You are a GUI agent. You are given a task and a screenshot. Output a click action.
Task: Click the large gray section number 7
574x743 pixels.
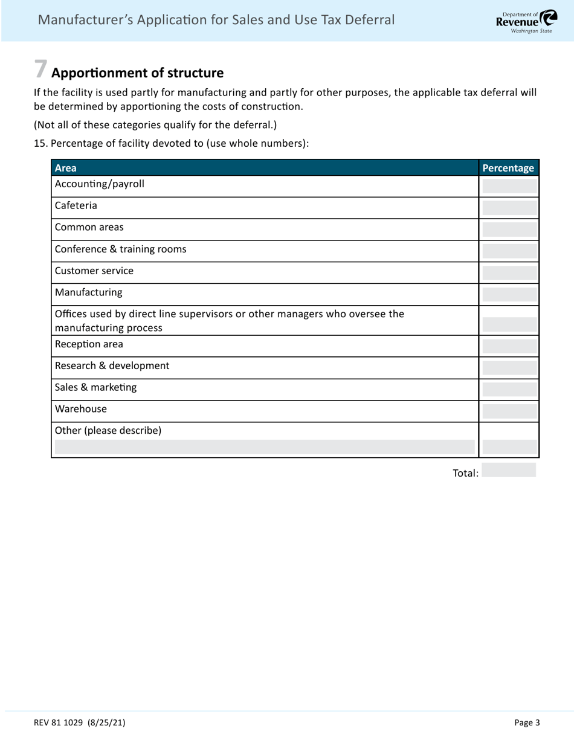click(40, 69)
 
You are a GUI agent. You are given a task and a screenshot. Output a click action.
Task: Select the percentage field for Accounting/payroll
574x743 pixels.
click(509, 185)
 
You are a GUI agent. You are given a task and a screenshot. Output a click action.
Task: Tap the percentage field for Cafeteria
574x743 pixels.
click(509, 208)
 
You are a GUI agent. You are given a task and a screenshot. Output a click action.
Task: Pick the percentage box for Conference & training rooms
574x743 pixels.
click(509, 251)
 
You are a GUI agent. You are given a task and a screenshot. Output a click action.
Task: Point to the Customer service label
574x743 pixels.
click(94, 271)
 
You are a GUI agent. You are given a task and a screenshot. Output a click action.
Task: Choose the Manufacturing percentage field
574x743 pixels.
click(509, 294)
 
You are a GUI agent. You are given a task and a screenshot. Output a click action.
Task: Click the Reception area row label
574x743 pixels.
click(89, 344)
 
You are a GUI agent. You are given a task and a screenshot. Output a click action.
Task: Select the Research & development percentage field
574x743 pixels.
click(509, 368)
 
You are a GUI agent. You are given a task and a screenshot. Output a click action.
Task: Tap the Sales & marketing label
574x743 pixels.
click(95, 388)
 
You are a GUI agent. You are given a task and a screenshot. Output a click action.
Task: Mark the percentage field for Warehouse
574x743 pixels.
click(509, 411)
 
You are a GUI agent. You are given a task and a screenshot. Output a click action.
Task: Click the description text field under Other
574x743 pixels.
click(265, 447)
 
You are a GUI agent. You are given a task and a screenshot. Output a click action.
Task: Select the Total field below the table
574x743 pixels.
click(509, 471)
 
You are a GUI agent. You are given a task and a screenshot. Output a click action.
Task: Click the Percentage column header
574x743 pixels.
click(508, 168)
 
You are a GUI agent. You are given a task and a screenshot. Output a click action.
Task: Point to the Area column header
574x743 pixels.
click(65, 168)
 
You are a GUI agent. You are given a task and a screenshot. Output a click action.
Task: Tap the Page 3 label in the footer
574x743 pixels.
click(527, 722)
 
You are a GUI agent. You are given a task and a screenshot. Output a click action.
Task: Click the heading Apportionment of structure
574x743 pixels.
click(137, 73)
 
